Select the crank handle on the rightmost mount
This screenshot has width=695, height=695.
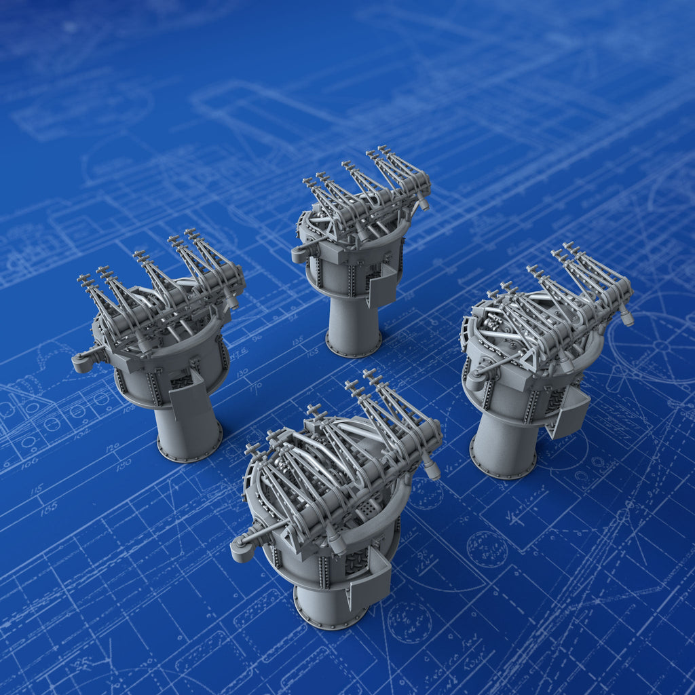[475, 380]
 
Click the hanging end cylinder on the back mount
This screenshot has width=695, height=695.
[422, 202]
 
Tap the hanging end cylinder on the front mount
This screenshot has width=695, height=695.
[431, 468]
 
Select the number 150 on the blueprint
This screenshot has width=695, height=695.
[123, 465]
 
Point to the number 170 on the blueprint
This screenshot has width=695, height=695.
[256, 389]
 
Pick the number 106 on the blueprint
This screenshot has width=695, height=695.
[29, 464]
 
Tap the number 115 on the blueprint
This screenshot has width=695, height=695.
[37, 489]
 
